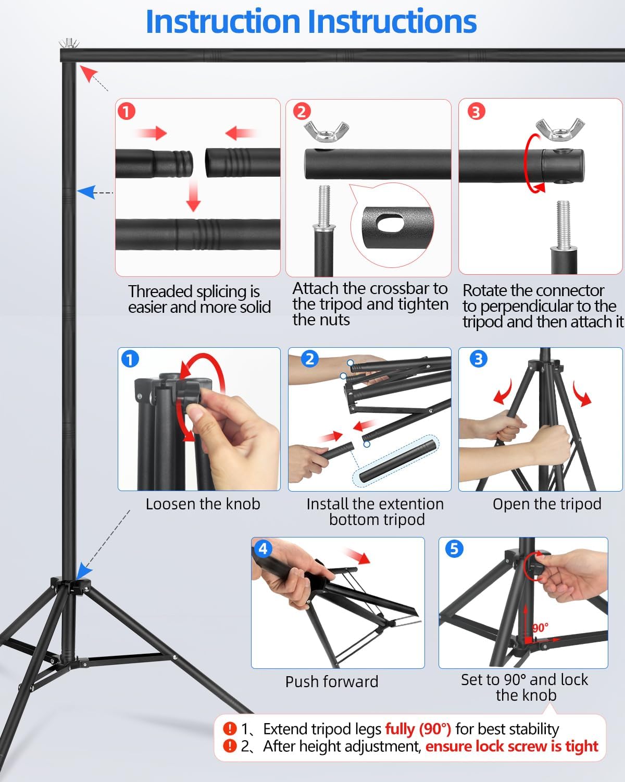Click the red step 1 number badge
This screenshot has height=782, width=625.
[127, 111]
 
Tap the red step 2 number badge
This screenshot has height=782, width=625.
[302, 111]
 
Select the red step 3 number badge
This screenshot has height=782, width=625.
[476, 111]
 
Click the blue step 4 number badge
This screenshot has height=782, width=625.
[263, 549]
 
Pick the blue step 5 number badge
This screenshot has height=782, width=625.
[454, 549]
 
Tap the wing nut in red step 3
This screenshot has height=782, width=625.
[560, 129]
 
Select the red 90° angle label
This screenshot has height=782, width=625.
[540, 628]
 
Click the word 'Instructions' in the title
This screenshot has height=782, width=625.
[396, 22]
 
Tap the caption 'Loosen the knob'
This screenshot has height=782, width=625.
[203, 504]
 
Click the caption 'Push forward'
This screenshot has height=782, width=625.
[332, 681]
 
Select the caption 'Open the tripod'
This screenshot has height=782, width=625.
[547, 504]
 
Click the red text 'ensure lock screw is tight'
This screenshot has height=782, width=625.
[511, 747]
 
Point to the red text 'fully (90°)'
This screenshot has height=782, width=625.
[418, 729]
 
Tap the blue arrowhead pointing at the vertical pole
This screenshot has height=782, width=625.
[87, 192]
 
